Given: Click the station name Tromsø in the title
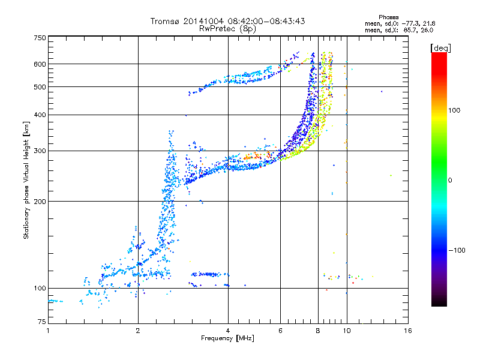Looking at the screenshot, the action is (x=166, y=21).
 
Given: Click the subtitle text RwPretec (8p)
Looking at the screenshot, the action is (x=227, y=29).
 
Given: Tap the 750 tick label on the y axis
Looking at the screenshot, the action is (x=40, y=38).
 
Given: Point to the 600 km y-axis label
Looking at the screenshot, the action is (x=40, y=64).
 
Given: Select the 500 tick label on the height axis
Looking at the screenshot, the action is (x=40, y=87).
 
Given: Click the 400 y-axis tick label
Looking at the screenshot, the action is (x=40, y=115).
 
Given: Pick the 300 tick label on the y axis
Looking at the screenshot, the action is (x=40, y=151).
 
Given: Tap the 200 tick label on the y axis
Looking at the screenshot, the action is (x=40, y=202).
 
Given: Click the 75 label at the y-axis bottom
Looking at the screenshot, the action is (x=42, y=322).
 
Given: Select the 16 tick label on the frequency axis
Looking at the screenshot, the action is (x=408, y=331).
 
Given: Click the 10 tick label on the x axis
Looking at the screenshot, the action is (x=347, y=331).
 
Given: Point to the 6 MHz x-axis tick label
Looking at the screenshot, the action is (x=280, y=331).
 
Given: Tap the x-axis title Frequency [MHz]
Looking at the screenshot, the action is (x=227, y=338).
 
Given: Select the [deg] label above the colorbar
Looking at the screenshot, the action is (x=440, y=48).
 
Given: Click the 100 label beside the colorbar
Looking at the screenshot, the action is (x=454, y=110).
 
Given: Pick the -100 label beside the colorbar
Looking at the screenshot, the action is (x=457, y=250).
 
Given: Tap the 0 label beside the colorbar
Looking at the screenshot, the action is (x=450, y=181).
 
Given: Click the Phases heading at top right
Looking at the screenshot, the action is (x=388, y=17).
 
